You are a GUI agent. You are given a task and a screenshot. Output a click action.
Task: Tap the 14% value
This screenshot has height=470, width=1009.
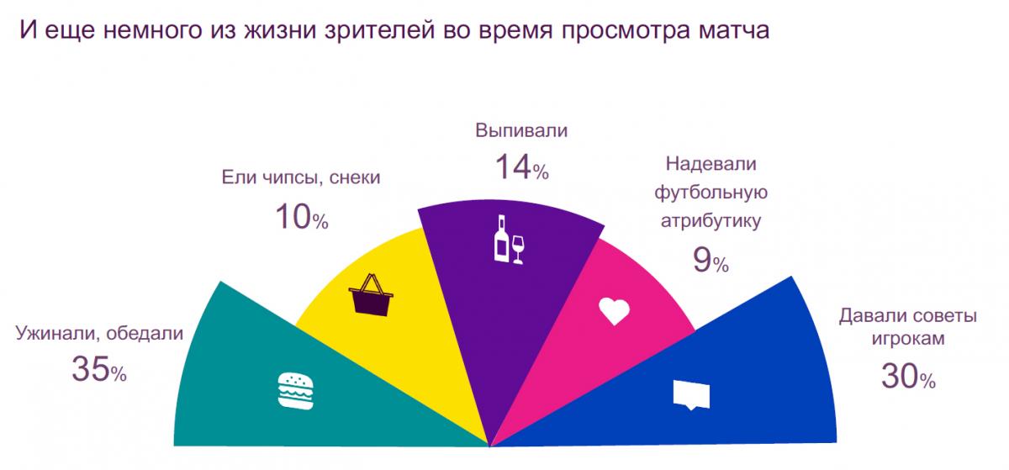pos(520,167)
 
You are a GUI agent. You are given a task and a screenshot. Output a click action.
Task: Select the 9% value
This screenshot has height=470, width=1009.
pos(710,261)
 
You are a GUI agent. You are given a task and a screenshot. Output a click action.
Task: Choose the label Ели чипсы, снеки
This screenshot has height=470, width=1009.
pos(301,177)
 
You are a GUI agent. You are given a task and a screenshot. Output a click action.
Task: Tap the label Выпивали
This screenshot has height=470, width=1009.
pos(521,131)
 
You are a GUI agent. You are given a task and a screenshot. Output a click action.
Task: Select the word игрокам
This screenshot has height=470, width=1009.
pos(908,340)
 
